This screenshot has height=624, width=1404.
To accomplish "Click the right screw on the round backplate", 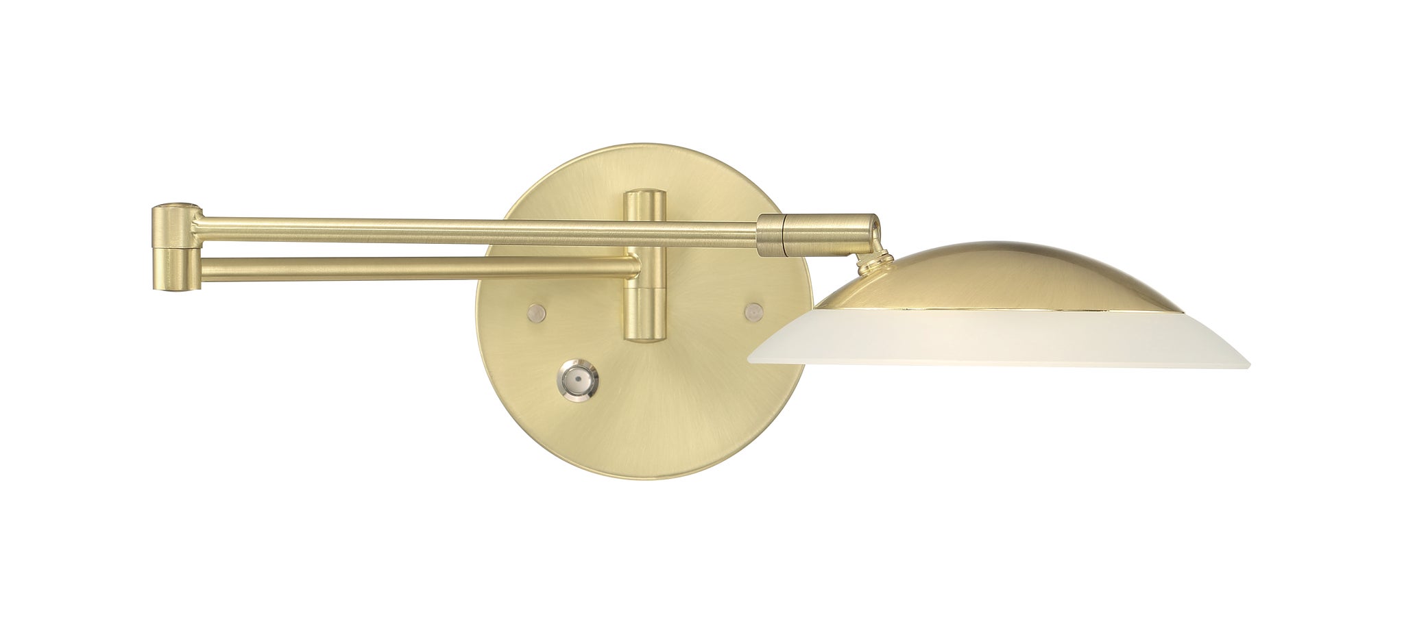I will click(x=754, y=312).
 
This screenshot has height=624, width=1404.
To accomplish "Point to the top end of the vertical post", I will click(x=644, y=195).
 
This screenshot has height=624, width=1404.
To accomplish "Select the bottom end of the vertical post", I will click(x=644, y=337).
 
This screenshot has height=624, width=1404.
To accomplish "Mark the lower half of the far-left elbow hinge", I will click(x=175, y=269).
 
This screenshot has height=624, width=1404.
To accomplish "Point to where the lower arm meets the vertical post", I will click(x=634, y=266).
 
